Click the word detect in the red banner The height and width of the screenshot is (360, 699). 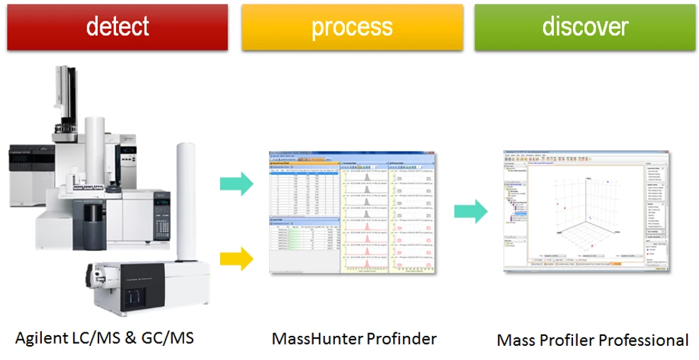point(117,27)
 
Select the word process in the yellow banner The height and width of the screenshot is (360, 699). point(351,27)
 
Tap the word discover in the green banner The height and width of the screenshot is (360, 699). point(585,27)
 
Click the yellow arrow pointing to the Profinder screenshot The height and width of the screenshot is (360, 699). point(241,257)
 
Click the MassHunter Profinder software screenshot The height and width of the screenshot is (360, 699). point(353,213)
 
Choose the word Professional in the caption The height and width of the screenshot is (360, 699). point(643,340)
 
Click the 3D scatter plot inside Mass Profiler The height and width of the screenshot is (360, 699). point(588,213)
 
